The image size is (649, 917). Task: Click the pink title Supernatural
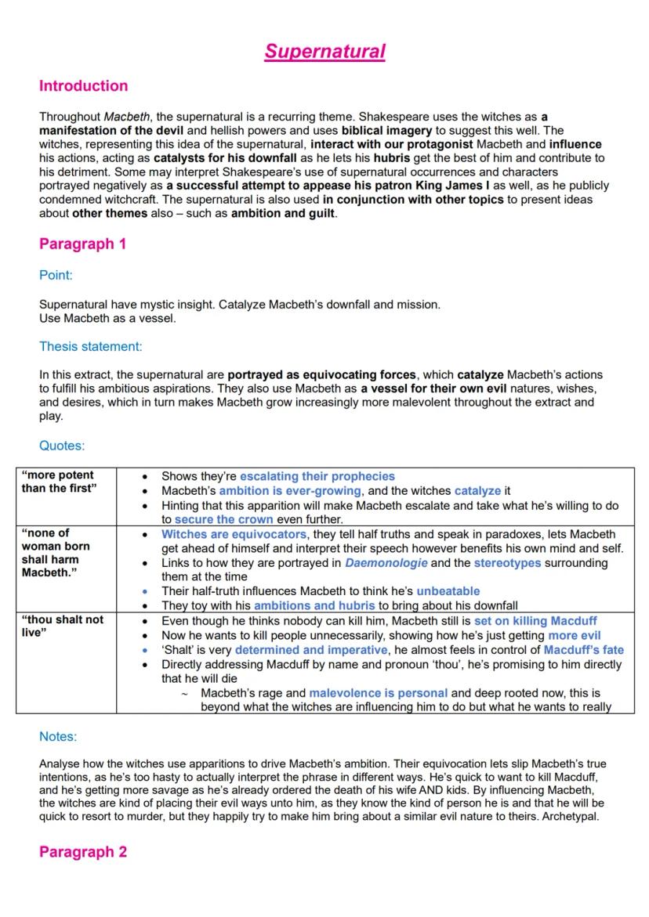[x=324, y=52]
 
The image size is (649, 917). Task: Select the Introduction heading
[x=83, y=86]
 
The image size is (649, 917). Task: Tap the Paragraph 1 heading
[x=82, y=244]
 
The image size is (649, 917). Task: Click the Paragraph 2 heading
[x=82, y=852]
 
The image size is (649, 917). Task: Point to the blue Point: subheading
[x=56, y=275]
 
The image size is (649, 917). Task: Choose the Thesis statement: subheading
[x=91, y=346]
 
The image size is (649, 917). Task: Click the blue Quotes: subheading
[x=62, y=446]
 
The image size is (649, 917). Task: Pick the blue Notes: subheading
[x=58, y=737]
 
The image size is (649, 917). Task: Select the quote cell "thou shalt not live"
[x=62, y=626]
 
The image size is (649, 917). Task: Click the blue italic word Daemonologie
[x=386, y=563]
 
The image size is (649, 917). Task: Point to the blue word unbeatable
[x=448, y=591]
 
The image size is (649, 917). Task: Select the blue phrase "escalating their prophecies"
[x=317, y=476]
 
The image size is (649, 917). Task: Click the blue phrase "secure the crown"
[x=224, y=519]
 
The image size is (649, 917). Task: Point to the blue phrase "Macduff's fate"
[x=584, y=649]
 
